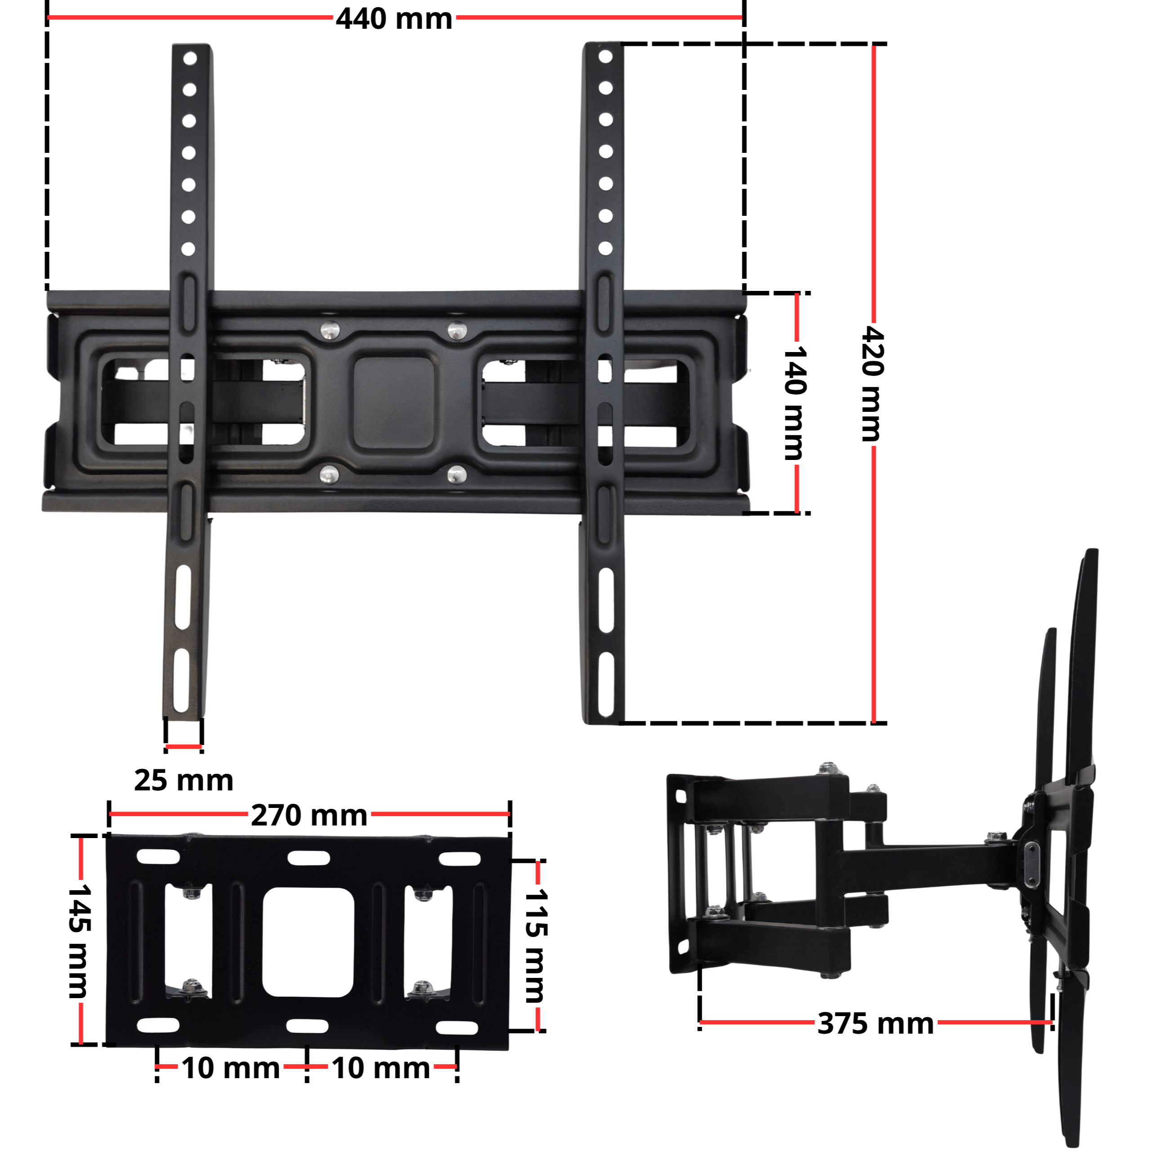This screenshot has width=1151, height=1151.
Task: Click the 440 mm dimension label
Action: tap(394, 18)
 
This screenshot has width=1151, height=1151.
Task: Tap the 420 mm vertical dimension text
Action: tap(873, 384)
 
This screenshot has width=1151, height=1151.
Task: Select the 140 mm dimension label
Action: tap(795, 403)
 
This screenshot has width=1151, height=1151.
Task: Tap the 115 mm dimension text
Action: tap(535, 946)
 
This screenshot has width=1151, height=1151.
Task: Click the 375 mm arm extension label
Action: tap(875, 1023)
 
